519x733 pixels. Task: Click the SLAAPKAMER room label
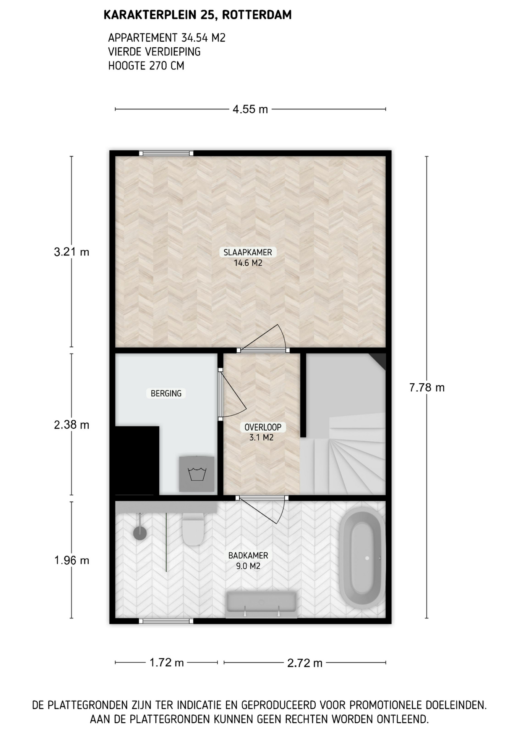[x=248, y=252]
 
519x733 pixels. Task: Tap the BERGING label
[x=166, y=393]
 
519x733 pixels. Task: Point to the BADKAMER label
[x=248, y=555]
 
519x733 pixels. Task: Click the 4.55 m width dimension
[x=250, y=109]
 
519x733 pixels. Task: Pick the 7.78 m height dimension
[x=427, y=387]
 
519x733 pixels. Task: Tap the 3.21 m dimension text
[x=71, y=252]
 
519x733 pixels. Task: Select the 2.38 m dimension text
[x=71, y=425]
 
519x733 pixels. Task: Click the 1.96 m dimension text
[x=71, y=560]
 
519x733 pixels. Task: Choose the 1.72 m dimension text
[x=166, y=662]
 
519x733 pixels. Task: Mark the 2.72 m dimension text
[x=305, y=663]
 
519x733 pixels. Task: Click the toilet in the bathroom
[x=193, y=528]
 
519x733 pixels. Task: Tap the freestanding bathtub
[x=362, y=558]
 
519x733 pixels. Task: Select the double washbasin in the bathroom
[x=261, y=604]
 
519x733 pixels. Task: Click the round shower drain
[x=140, y=533]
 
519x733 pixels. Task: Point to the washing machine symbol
[x=197, y=473]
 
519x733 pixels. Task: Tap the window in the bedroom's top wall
[x=166, y=153]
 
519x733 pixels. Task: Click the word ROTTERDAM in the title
[x=256, y=15]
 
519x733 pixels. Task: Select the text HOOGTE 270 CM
[x=146, y=66]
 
